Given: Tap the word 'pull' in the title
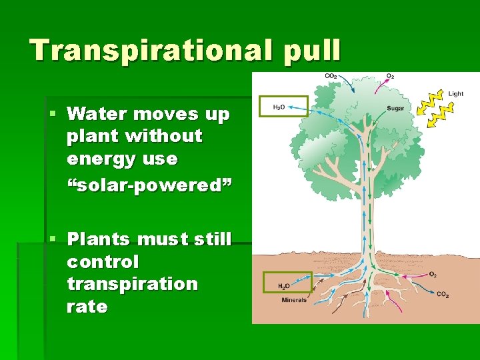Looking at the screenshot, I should [x=312, y=51].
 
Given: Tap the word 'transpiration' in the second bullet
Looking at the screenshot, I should [x=132, y=284].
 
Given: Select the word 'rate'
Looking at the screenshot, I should [x=87, y=307].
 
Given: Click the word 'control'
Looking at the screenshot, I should [x=103, y=261].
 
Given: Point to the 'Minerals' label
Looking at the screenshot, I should [x=294, y=300].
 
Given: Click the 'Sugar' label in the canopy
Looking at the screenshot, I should [x=395, y=109].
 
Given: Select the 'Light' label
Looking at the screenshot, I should [x=455, y=94].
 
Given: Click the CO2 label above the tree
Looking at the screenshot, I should [x=330, y=77].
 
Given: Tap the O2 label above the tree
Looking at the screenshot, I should [x=390, y=77].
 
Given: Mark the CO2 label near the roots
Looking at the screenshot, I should [x=443, y=294].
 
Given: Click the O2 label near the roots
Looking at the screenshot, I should [x=433, y=274].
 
